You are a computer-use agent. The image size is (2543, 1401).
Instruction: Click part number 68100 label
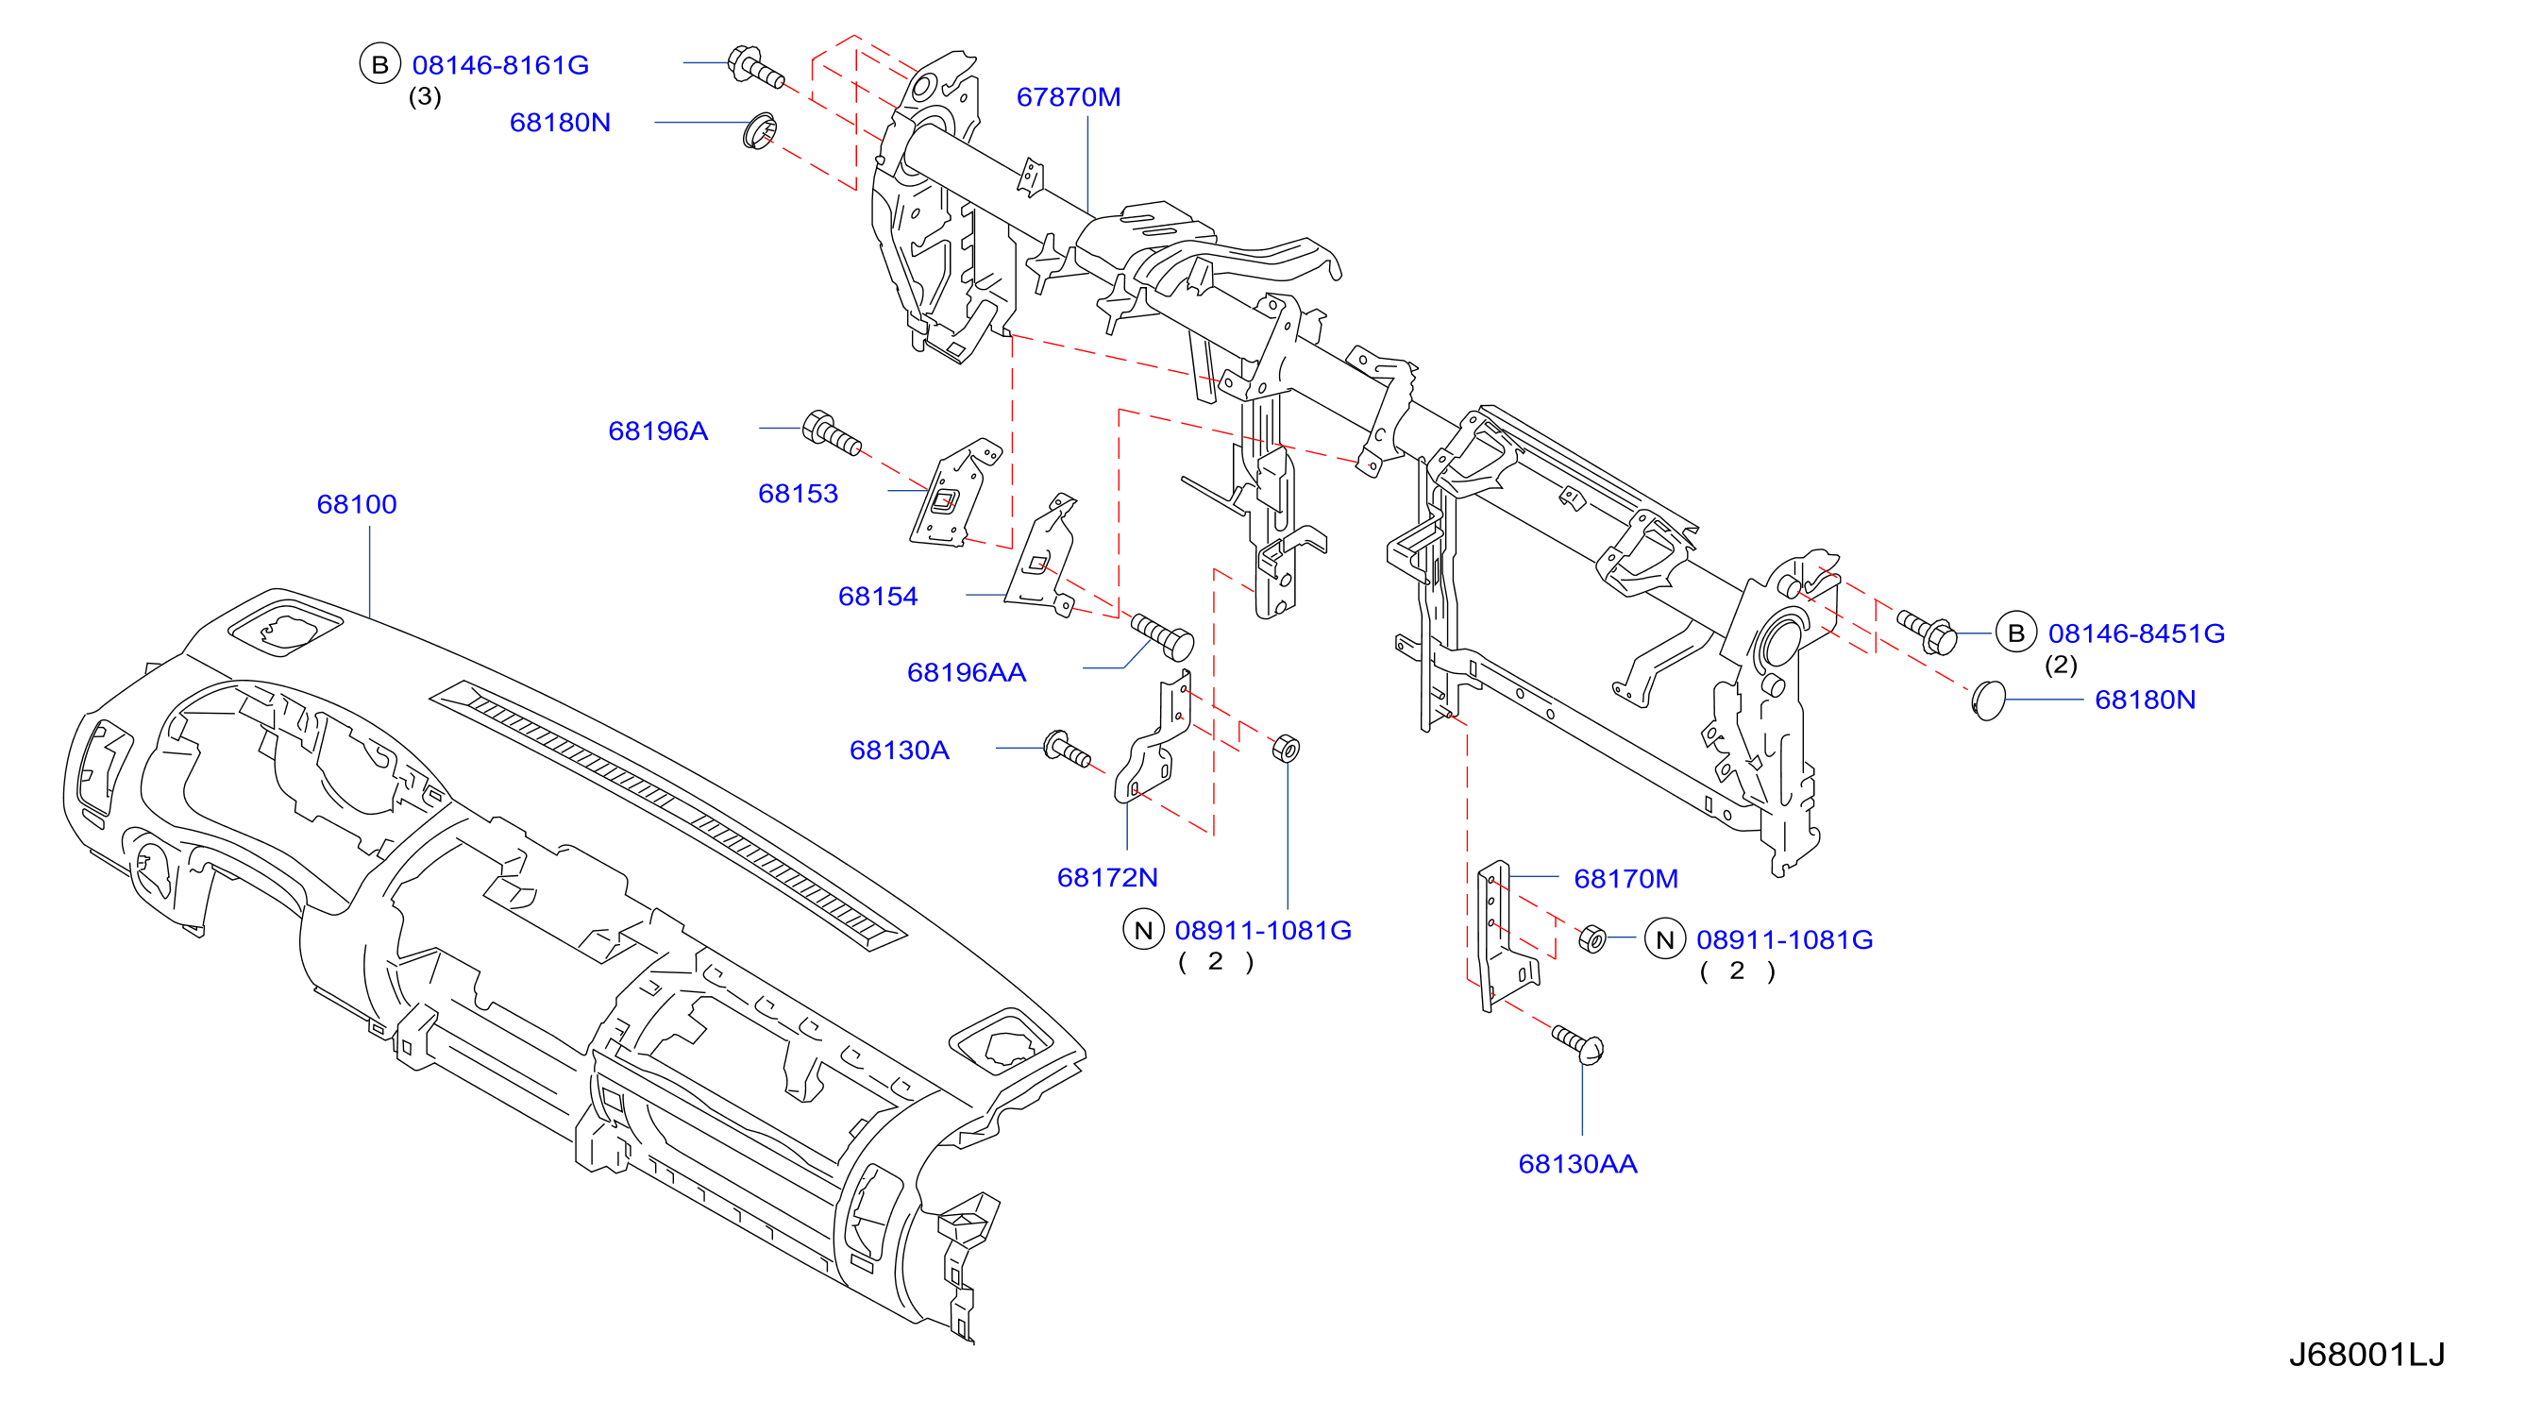(x=357, y=504)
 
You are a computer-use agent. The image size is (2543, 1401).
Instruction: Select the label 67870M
(x=1069, y=96)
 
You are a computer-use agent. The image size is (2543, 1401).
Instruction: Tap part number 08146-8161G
(x=500, y=65)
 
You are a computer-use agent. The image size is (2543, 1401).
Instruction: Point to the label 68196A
(x=658, y=430)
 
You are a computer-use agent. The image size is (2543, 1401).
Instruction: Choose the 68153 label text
(x=798, y=494)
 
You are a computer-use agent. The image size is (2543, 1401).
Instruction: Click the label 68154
(x=878, y=597)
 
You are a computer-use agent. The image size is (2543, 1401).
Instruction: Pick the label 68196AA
(x=967, y=672)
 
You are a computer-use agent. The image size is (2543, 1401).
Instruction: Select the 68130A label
(x=900, y=751)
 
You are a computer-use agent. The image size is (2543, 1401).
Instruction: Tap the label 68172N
(x=1106, y=878)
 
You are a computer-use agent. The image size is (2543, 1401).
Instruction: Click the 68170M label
(x=1625, y=879)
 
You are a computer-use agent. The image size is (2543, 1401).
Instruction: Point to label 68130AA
(x=1577, y=1164)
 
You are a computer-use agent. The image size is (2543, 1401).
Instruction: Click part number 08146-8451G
(x=2136, y=633)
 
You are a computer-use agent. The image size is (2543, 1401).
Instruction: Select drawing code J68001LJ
(x=2366, y=1355)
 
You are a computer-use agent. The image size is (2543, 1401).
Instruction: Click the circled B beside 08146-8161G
(x=379, y=64)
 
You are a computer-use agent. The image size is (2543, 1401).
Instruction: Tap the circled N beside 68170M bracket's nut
(x=1664, y=940)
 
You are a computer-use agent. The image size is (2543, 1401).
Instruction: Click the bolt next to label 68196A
(x=832, y=433)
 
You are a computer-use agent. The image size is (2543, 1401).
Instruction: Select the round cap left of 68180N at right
(x=1988, y=700)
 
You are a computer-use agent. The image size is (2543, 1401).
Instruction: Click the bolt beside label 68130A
(x=1066, y=750)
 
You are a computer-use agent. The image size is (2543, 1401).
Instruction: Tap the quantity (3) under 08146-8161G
(x=425, y=96)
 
